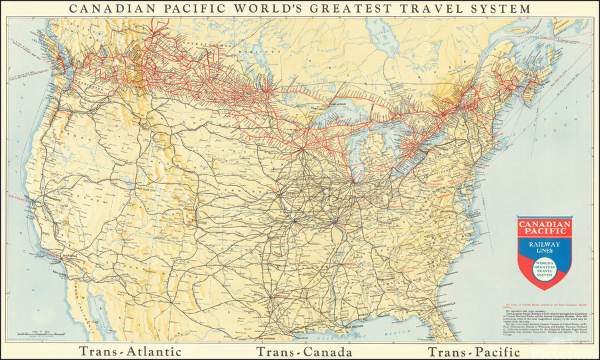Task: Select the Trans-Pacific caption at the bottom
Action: pyautogui.click(x=473, y=351)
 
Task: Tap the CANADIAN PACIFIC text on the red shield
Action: pyautogui.click(x=545, y=227)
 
